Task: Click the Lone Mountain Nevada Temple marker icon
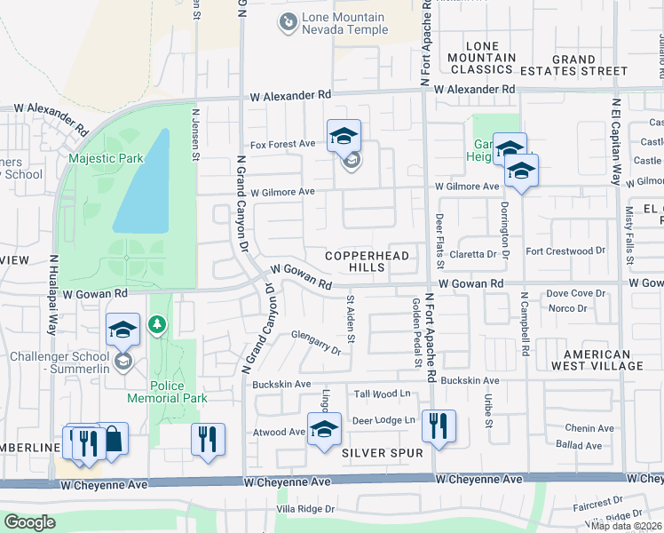coord(288,23)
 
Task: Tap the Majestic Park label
coord(106,158)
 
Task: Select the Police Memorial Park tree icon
coord(158,325)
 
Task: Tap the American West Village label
coord(597,360)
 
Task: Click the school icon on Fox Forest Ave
coord(344,137)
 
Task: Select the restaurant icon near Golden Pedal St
coord(439,426)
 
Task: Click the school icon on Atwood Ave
coord(325,429)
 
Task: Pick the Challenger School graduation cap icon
coord(123,330)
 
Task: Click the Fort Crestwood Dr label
coord(565,251)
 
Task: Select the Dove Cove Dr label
coord(575,293)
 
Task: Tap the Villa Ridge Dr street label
coord(304,510)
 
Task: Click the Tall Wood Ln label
coord(384,394)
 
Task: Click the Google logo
coord(30,522)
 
